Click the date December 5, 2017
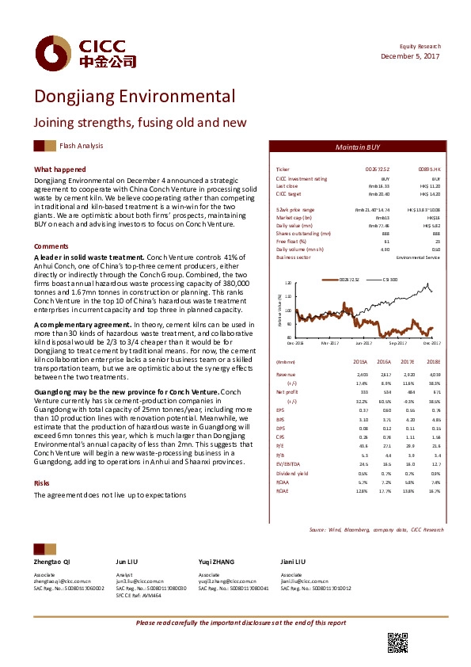[411, 56]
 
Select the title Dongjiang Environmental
[134, 97]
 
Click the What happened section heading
[60, 170]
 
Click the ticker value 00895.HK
[428, 170]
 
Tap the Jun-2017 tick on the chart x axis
[363, 343]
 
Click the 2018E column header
[433, 361]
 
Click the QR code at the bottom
[397, 642]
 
